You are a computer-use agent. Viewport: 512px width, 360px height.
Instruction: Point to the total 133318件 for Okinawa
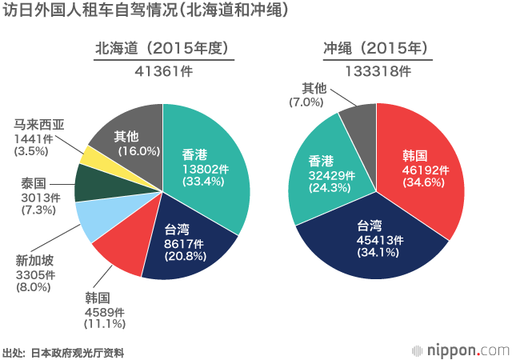[x=378, y=70]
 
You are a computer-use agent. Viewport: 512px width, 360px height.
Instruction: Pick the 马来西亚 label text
[x=40, y=124]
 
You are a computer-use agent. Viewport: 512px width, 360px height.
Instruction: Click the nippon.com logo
[x=460, y=350]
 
